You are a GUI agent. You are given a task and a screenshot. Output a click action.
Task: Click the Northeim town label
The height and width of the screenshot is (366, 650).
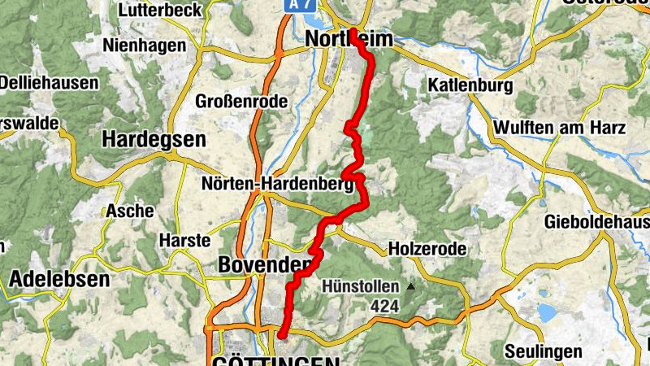pos(349,39)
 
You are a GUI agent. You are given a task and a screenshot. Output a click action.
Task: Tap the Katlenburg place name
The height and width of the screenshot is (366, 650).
pos(470,85)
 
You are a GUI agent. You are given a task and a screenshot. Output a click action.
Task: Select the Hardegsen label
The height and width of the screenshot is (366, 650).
pos(154,140)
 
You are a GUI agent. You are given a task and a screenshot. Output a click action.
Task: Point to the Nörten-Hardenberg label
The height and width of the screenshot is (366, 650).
pos(278,185)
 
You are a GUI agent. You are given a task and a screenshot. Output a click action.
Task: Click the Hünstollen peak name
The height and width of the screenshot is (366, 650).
pos(360,286)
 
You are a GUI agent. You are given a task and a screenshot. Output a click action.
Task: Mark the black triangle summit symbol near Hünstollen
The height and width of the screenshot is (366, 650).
pos(413,286)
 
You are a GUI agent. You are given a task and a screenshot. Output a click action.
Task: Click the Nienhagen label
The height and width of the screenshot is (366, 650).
pos(144,46)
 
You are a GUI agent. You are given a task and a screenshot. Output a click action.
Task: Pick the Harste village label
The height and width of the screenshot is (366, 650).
pos(184,241)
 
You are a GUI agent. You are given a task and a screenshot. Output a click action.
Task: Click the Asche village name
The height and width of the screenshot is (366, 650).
pos(129,211)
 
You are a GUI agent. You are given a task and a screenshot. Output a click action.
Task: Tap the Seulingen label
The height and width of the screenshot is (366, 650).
pos(544,351)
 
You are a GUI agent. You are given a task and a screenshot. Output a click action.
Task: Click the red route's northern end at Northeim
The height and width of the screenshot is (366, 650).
pos(353,32)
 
